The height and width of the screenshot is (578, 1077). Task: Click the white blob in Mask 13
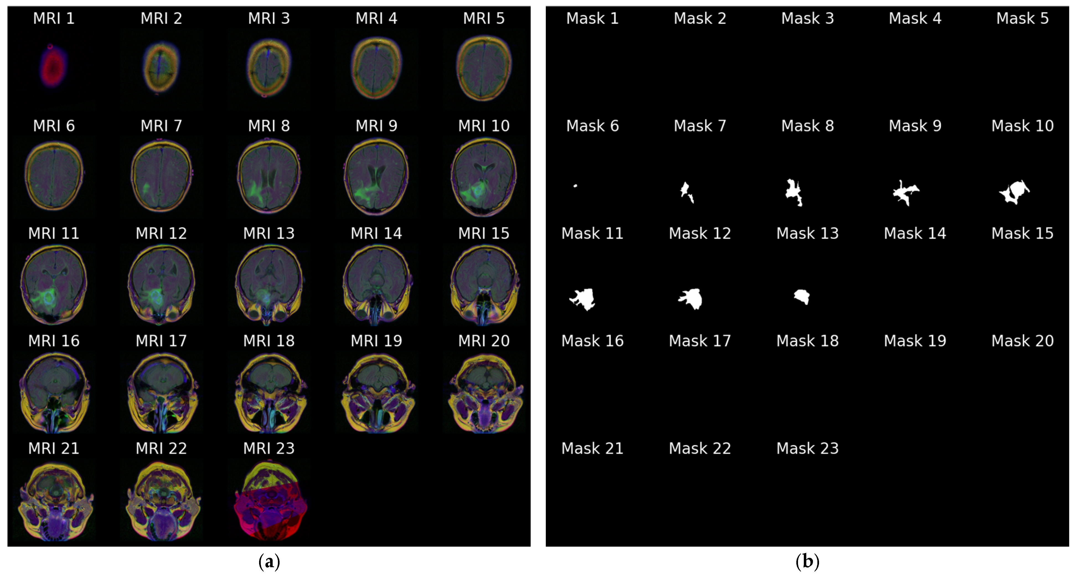(x=802, y=297)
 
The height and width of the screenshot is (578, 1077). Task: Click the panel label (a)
(x=269, y=561)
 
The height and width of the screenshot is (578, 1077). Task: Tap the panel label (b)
(x=807, y=561)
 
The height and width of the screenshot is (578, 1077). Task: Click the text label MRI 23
(x=269, y=449)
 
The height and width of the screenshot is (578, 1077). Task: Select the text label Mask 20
(x=1022, y=341)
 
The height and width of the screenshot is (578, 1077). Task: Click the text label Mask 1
(x=592, y=18)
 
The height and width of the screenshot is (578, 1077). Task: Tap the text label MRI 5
(x=484, y=18)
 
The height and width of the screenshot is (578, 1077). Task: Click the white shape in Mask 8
(x=793, y=191)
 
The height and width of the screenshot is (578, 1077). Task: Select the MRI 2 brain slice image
(x=161, y=67)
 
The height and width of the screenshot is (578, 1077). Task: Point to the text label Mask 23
(x=807, y=449)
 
